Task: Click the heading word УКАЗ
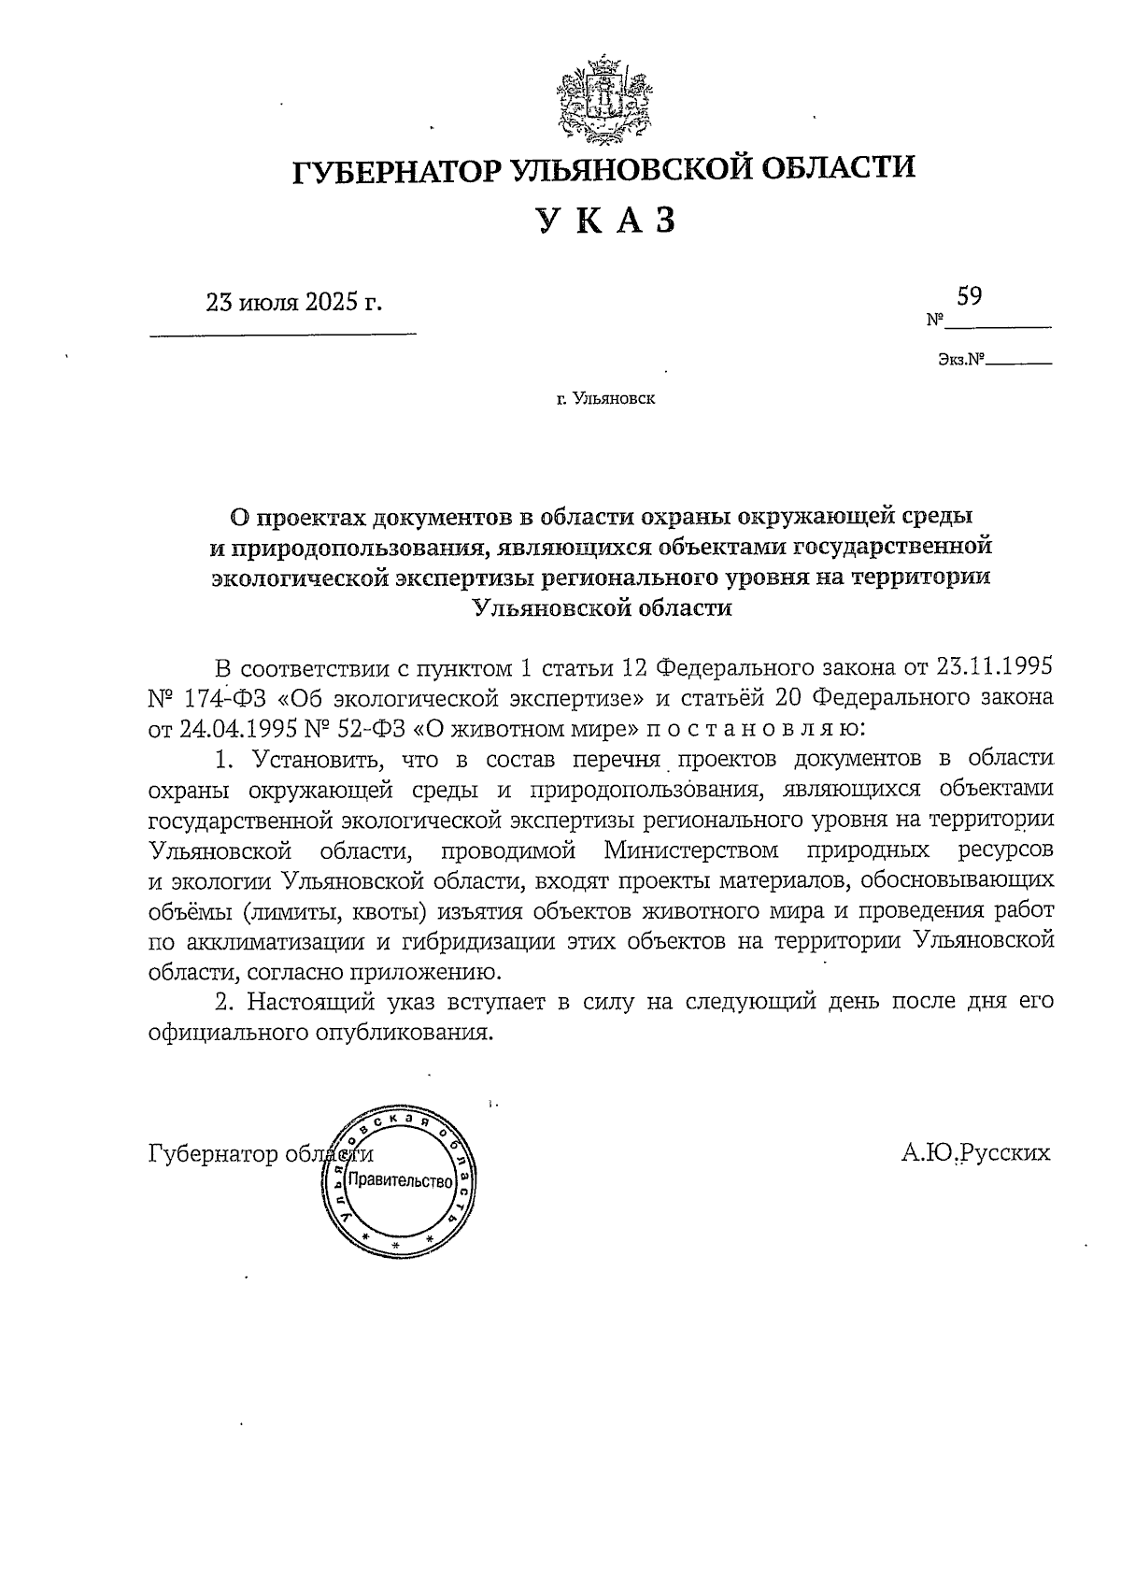coord(604,221)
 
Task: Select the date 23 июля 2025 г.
coord(295,303)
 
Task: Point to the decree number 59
coord(969,296)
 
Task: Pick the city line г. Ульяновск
coord(605,400)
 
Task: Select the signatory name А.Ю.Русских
coord(975,1152)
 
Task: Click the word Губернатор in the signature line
coord(214,1153)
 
